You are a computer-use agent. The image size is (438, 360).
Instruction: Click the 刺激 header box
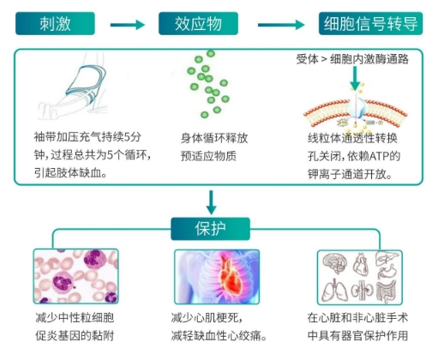click(55, 23)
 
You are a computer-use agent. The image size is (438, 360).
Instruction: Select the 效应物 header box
click(198, 23)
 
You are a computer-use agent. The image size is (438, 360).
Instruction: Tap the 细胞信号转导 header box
click(370, 23)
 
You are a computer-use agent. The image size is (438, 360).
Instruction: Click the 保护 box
click(210, 229)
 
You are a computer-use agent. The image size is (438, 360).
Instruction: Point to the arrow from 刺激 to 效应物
click(128, 25)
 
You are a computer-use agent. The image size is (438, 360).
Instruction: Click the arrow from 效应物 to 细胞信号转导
click(281, 25)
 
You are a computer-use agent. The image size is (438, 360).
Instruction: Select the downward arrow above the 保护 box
click(211, 202)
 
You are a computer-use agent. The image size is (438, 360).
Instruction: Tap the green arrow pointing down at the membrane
click(355, 79)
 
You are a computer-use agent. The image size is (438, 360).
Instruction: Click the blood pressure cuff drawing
click(86, 84)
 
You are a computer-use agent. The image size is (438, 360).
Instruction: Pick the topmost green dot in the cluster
click(211, 53)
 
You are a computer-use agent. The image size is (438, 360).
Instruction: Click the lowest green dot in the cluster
click(204, 115)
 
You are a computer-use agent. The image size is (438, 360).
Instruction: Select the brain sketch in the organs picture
click(335, 263)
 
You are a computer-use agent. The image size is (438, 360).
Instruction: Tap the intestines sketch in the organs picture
click(387, 291)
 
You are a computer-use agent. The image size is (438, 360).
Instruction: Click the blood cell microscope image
click(75, 276)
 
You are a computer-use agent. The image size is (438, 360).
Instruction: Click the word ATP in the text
click(379, 156)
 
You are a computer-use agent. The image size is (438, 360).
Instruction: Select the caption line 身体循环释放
click(214, 138)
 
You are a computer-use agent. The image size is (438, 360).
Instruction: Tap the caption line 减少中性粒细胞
click(75, 317)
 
